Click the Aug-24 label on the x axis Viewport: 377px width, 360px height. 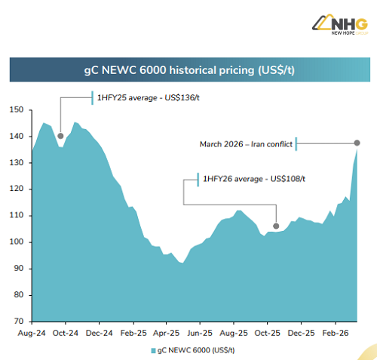(x=30, y=331)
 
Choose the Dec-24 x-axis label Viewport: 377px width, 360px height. (x=98, y=331)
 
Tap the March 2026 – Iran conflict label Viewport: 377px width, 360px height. (x=246, y=143)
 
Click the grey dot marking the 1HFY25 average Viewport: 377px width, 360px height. (x=60, y=136)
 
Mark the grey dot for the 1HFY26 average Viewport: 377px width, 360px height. (x=276, y=226)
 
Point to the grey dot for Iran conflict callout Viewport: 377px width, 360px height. (x=357, y=143)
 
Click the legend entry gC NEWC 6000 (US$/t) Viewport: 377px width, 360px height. (x=197, y=350)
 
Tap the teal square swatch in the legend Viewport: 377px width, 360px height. (x=153, y=350)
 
